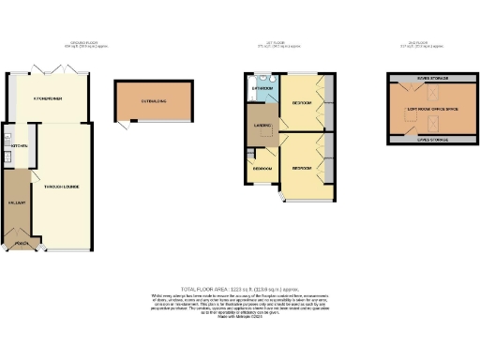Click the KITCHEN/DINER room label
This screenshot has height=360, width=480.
(x=49, y=98)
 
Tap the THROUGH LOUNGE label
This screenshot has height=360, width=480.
(x=58, y=187)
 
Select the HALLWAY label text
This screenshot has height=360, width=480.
(x=16, y=202)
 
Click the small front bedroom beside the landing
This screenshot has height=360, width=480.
(x=262, y=169)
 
